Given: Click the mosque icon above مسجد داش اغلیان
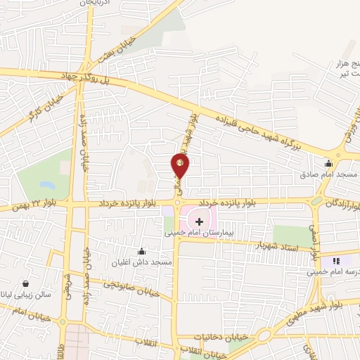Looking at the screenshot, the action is point(142,252).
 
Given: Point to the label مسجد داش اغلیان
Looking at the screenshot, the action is point(145,262).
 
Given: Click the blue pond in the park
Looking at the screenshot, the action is point(47,186).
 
